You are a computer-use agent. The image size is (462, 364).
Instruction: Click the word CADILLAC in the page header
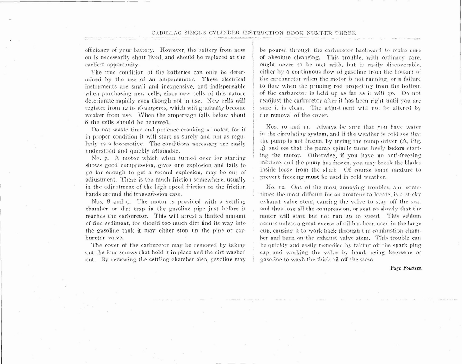click(166, 33)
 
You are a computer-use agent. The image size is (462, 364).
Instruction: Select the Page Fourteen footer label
click(406, 268)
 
